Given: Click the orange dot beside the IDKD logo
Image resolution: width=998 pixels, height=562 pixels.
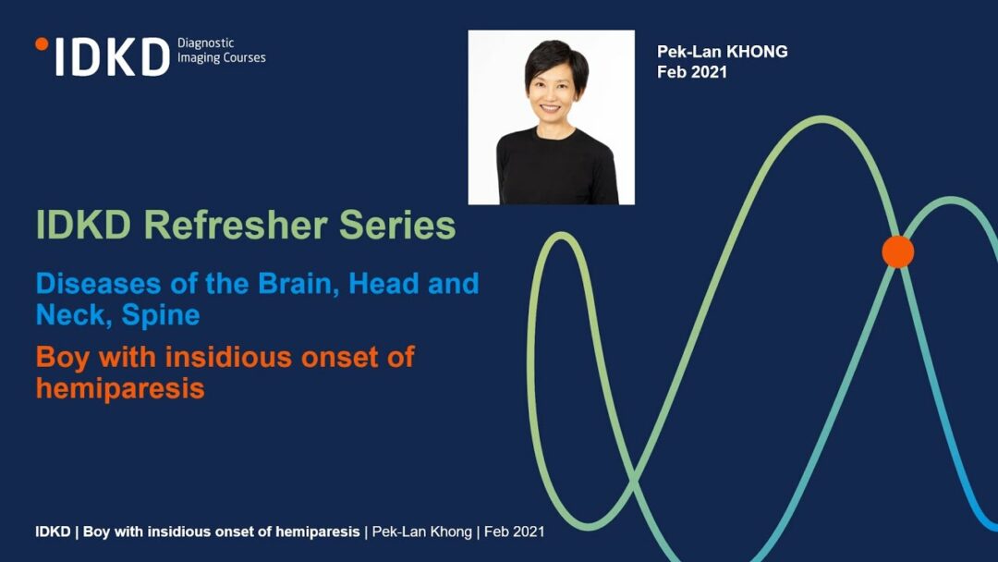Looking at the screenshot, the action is [42, 44].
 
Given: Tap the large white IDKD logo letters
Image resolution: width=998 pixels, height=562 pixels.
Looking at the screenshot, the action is [113, 57].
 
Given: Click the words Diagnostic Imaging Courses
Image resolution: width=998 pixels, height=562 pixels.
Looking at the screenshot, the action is [222, 50].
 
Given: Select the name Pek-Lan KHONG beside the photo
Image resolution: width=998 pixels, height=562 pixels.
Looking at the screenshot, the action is [723, 52].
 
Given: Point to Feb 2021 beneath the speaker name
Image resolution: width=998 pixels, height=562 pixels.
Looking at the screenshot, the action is [692, 72].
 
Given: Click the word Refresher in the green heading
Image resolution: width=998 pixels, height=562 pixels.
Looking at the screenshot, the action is [237, 225].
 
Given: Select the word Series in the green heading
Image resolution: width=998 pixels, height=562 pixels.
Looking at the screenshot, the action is [397, 225].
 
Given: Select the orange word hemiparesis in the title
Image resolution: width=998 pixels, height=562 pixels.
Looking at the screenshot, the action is [120, 388].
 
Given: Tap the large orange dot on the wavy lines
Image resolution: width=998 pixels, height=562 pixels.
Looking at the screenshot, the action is [898, 251].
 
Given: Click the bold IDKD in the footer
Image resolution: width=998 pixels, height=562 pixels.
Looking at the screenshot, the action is [53, 531].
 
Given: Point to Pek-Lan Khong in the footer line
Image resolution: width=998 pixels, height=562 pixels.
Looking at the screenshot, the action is [422, 531].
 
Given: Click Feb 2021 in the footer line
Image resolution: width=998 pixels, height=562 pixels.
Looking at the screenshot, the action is [515, 531].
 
